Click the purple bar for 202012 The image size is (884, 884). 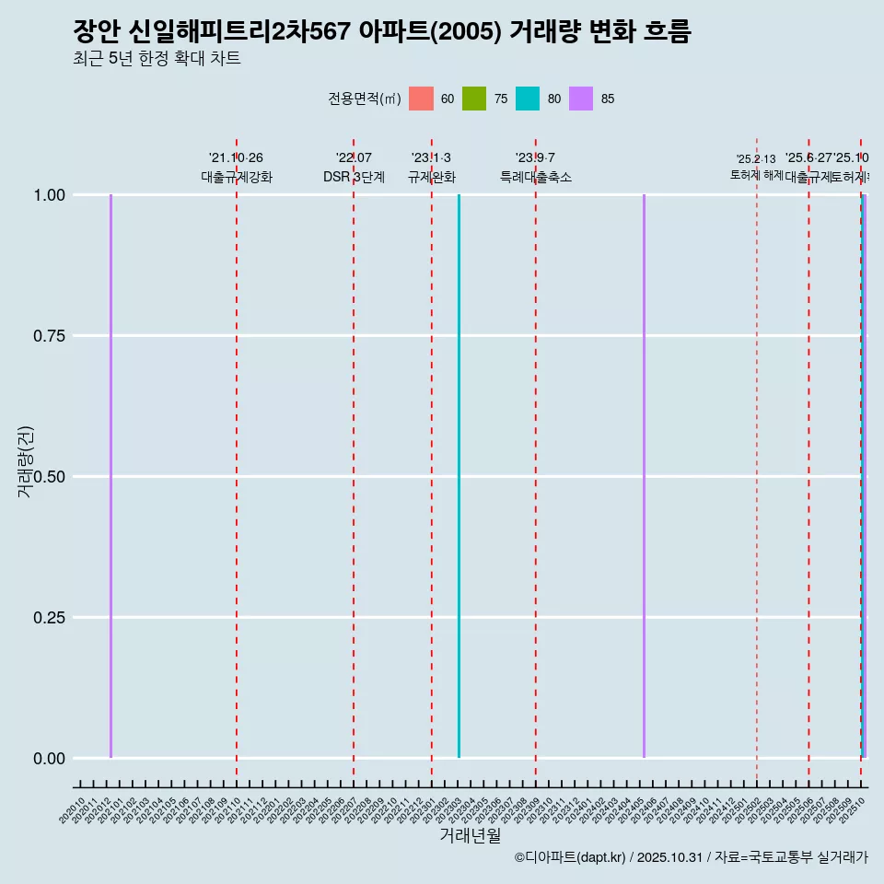click(x=110, y=476)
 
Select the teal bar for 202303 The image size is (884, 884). click(x=459, y=476)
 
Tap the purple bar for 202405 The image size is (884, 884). click(x=644, y=476)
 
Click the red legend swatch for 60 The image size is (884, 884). click(x=421, y=99)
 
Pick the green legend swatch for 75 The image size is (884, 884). click(x=474, y=99)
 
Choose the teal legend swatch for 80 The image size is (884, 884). click(x=528, y=99)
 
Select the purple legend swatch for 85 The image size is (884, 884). click(x=581, y=99)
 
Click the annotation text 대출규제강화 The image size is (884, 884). click(x=237, y=177)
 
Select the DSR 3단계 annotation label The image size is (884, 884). click(x=354, y=177)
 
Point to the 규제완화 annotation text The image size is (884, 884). click(x=432, y=177)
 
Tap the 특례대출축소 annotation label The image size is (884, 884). click(x=536, y=177)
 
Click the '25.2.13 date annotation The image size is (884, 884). click(x=756, y=159)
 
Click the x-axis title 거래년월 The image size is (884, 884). click(x=470, y=836)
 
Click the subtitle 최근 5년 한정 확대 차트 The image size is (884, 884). click(x=157, y=59)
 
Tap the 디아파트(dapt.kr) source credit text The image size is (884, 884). click(x=571, y=857)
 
